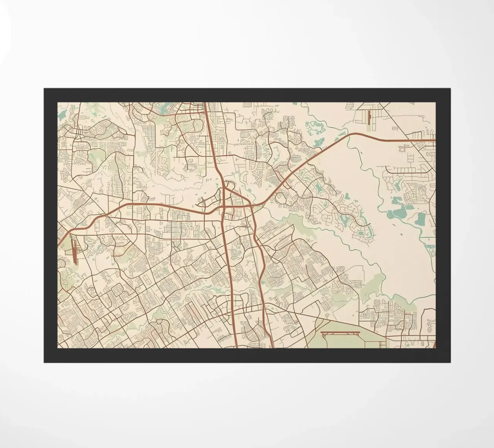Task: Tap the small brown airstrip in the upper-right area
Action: pos(369,116)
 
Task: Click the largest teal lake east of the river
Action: pos(420,219)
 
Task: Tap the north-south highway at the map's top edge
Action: pos(206,104)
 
